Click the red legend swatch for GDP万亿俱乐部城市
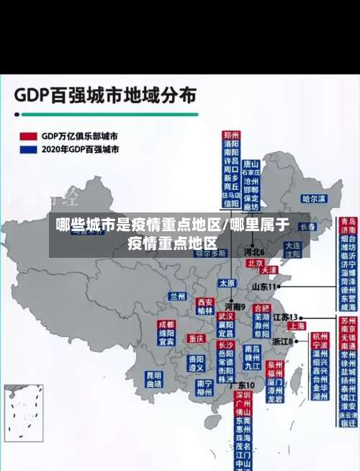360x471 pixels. point(28,136)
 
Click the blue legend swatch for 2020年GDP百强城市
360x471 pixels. point(28,150)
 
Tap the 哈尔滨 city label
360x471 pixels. point(314,198)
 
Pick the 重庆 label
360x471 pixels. point(196,338)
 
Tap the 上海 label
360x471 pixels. point(297,326)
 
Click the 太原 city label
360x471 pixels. point(227,282)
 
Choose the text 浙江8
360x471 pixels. point(283,342)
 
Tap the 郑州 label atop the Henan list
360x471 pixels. point(230,135)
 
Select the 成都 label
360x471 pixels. point(166,325)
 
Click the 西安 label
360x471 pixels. point(204,302)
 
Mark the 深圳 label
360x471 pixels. point(242,395)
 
